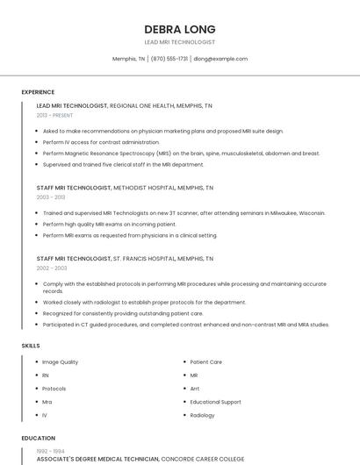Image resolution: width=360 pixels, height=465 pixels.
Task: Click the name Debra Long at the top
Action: click(179, 29)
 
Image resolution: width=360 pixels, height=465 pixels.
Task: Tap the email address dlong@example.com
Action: click(220, 59)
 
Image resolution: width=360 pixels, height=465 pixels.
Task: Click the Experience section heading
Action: click(38, 92)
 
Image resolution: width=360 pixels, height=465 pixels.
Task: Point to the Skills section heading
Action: click(31, 346)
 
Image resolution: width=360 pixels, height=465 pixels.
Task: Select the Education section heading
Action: click(38, 438)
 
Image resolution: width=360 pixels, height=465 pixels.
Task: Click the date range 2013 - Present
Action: click(54, 115)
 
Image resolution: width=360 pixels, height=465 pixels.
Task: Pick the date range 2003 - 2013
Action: click(51, 197)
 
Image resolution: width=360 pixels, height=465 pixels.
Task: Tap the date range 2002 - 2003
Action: click(51, 268)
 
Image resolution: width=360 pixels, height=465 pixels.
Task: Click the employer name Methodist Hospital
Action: click(145, 188)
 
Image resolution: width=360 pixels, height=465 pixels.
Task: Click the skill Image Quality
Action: click(60, 361)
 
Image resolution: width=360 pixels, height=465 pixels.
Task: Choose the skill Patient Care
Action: click(205, 361)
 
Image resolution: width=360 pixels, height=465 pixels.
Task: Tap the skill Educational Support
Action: click(216, 402)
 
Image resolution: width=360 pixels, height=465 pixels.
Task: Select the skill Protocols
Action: click(54, 389)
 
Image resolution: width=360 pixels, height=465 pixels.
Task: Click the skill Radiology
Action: click(202, 415)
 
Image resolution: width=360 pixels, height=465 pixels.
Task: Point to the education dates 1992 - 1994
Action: click(51, 451)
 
